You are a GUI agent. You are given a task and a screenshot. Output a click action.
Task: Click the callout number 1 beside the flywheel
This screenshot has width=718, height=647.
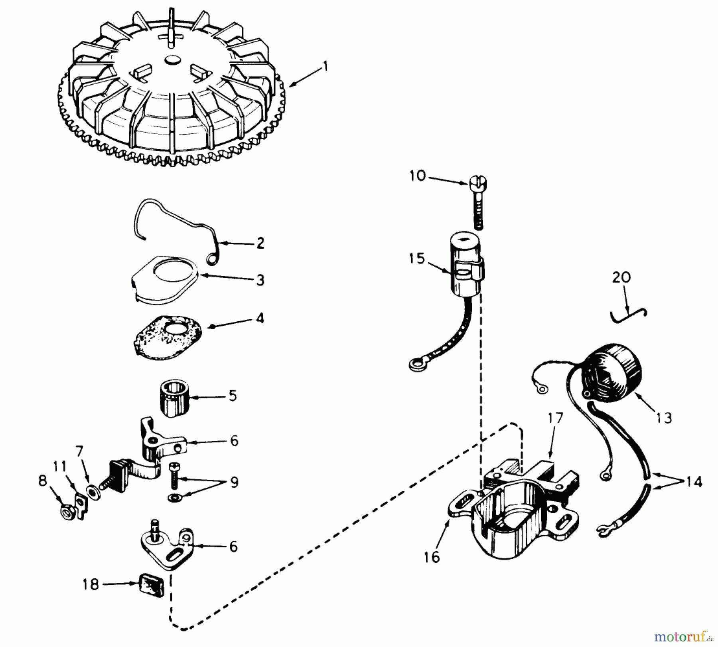tap(325, 66)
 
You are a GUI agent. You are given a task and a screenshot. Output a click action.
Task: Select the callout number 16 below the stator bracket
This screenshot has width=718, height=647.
tap(432, 557)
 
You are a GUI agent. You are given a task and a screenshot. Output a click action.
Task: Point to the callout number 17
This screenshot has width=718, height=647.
tap(555, 418)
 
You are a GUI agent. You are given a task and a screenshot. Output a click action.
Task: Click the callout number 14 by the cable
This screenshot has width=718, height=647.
tap(694, 482)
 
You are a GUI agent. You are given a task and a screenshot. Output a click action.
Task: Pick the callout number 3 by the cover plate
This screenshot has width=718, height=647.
tap(260, 280)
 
